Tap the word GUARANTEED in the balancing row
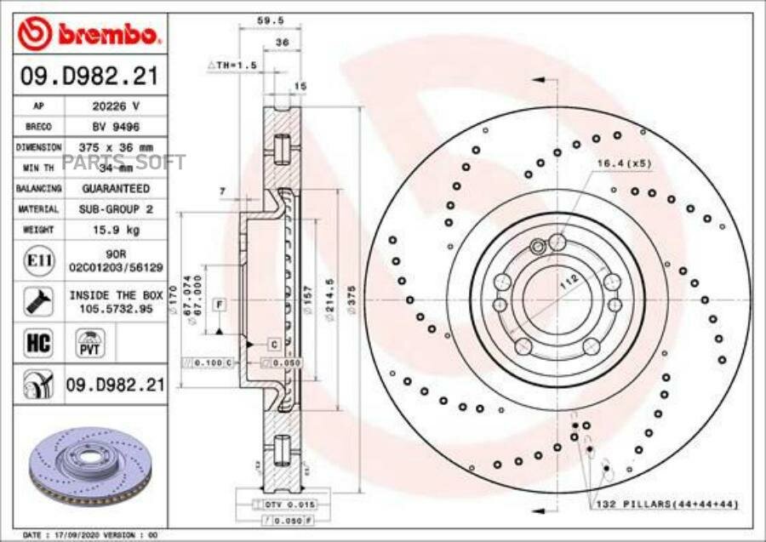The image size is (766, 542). click(116, 188)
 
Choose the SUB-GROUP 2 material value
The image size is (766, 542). click(116, 209)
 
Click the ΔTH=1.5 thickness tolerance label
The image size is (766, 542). click(232, 65)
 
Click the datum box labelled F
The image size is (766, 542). click(219, 304)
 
